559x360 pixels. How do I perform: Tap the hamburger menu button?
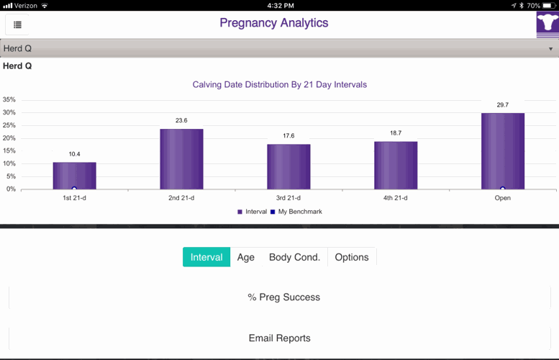point(17,24)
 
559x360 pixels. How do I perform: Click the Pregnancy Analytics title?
point(273,23)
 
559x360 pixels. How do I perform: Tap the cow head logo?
point(547,24)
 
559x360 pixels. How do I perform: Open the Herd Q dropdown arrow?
point(550,49)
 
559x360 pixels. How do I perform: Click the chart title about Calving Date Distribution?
point(279,84)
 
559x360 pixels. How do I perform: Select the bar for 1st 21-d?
point(74,176)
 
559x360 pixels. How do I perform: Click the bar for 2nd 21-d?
point(181,159)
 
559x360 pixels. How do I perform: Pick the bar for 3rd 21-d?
point(288,167)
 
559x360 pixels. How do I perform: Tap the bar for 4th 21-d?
point(396,166)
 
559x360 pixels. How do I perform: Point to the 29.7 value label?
point(502,105)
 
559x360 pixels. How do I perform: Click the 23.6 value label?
point(181,120)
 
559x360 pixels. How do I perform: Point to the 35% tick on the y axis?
point(9,99)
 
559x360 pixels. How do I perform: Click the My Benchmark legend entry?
point(297,212)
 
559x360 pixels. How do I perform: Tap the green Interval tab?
point(206,257)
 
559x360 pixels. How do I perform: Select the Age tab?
point(246,257)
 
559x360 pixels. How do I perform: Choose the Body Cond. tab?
point(294,257)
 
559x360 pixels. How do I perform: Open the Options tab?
point(352,257)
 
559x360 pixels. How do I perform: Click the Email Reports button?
point(279,338)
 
